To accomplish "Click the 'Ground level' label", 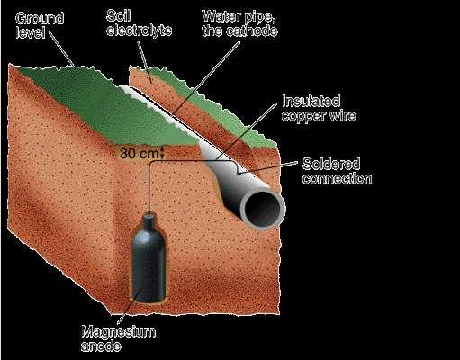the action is click(40, 25).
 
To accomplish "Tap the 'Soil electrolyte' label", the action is click(140, 23).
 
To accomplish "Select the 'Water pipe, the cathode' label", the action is click(239, 23).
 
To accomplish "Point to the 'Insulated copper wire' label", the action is click(319, 108).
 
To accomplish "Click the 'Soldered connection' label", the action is click(337, 171).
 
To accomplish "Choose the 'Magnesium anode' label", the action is click(119, 338).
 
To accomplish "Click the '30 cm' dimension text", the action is click(139, 154).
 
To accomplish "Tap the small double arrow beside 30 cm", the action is click(162, 152).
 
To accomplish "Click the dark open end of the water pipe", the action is click(262, 209).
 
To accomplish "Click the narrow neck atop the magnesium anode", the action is click(149, 218).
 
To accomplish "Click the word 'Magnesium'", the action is click(119, 332).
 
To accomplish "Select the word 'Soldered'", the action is click(331, 164).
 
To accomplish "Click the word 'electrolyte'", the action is click(140, 31).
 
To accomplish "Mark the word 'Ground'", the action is click(40, 19).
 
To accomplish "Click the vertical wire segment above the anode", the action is click(149, 187).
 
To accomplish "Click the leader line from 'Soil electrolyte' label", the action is click(144, 61).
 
